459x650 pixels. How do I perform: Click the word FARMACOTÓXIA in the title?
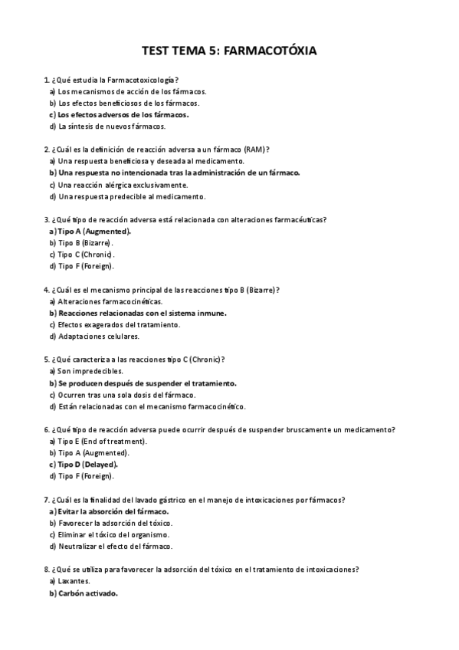[269, 51]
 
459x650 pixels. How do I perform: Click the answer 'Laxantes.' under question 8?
[74, 582]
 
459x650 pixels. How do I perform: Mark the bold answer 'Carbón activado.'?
[87, 593]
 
